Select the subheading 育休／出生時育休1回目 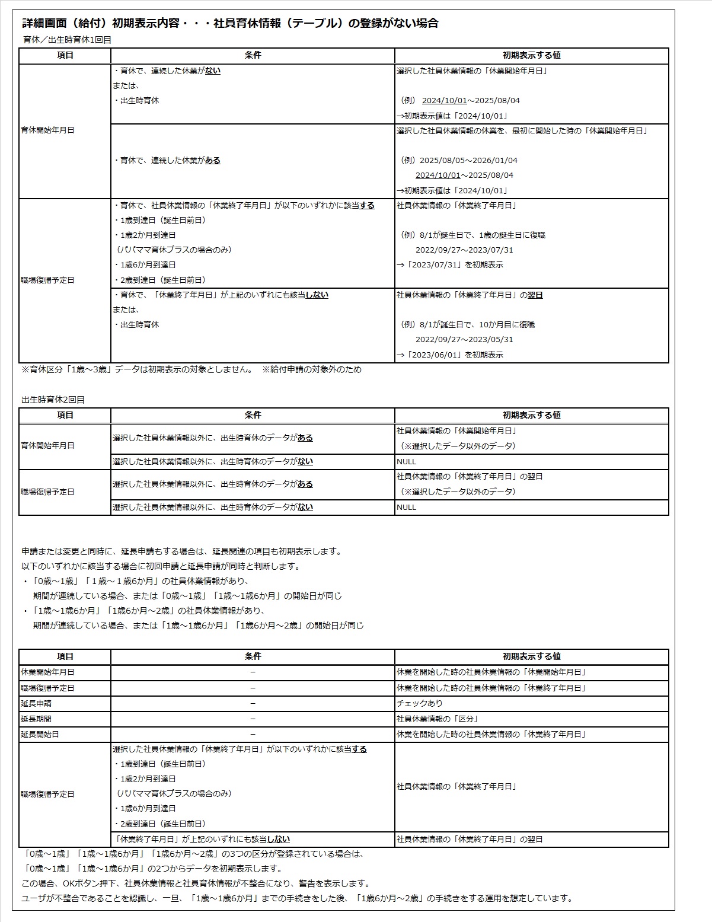coord(66,40)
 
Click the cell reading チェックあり coord(419,703)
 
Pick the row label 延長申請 coord(36,703)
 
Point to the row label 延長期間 coord(36,719)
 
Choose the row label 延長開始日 coord(40,734)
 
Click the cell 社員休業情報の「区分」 coord(438,719)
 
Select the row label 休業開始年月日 coord(47,672)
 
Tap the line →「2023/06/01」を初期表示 coord(450,355)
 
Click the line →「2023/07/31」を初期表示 coord(450,265)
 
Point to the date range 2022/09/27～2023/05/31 coord(464,340)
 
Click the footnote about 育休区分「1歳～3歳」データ coord(191,369)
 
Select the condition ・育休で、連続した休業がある coord(167,160)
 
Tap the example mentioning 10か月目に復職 coord(468,324)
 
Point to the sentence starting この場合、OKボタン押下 coord(196,883)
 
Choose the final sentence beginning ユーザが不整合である coord(296,898)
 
